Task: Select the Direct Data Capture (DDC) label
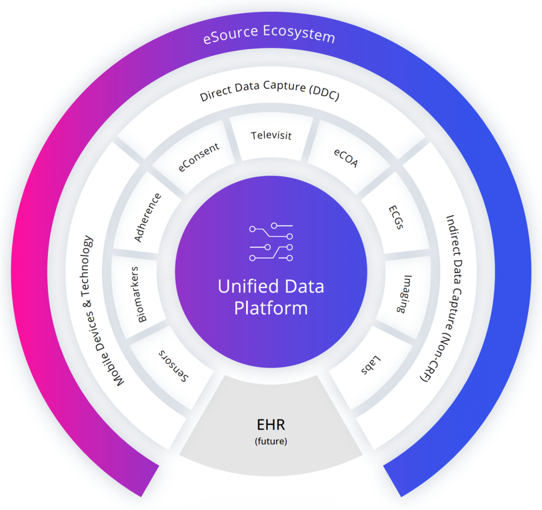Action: pos(270,95)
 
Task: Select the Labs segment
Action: pos(372,365)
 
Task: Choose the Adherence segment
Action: pos(148,217)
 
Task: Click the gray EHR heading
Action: pos(271,425)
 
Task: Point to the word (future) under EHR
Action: pos(271,441)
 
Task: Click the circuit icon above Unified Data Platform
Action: pos(271,243)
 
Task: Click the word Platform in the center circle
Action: pos(271,308)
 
